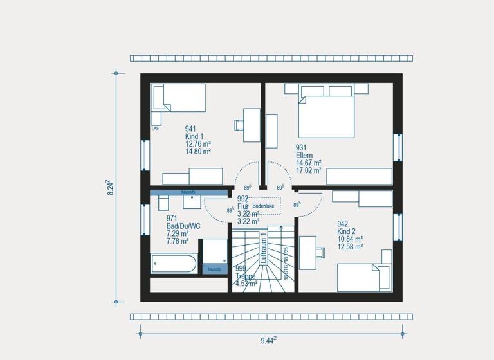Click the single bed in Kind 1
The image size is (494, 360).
click(179, 98)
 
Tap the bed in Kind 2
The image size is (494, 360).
click(364, 277)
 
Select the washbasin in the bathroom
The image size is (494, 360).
click(192, 202)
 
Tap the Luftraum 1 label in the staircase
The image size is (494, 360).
click(263, 248)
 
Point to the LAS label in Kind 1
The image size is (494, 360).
click(155, 129)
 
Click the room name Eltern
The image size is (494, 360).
click(305, 155)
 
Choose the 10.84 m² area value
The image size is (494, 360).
click(350, 239)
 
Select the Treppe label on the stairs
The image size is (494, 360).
click(246, 276)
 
